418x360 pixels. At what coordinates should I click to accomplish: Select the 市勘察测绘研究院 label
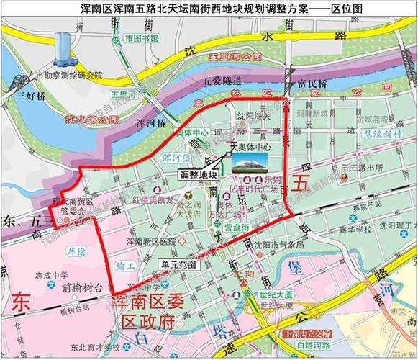point(70,75)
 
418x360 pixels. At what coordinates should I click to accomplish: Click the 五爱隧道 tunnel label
point(221,81)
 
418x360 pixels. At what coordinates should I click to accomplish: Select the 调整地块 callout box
point(196,174)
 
